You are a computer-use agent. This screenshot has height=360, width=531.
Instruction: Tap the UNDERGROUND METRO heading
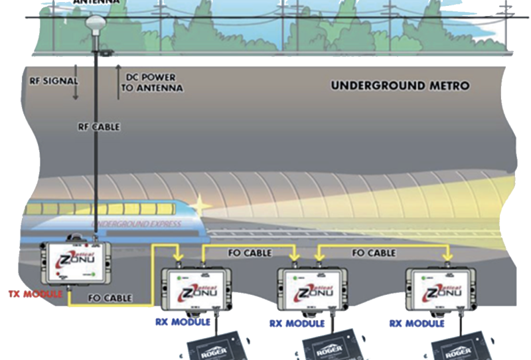pos(400,86)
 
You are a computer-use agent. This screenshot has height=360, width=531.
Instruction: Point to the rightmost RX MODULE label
pos(416,323)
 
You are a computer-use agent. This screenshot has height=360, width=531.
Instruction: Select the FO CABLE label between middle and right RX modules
pos(374,253)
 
